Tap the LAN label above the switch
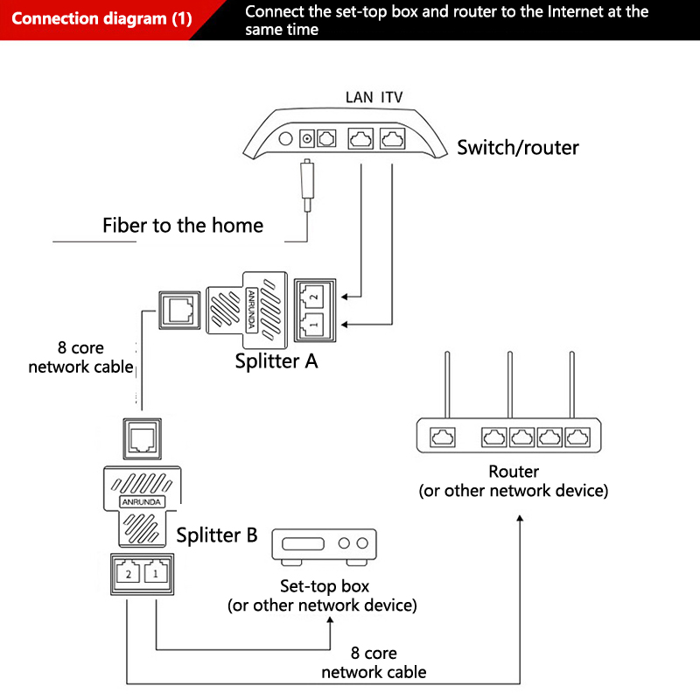pyautogui.click(x=360, y=97)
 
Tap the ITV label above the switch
pyautogui.click(x=392, y=97)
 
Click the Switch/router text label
pyautogui.click(x=518, y=147)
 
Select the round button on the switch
pyautogui.click(x=285, y=138)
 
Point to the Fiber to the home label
pyautogui.click(x=183, y=225)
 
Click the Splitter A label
pyautogui.click(x=276, y=360)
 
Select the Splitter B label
pyautogui.click(x=217, y=535)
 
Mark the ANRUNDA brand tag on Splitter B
pyautogui.click(x=140, y=503)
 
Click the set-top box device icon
pyautogui.click(x=325, y=546)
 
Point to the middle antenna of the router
pyautogui.click(x=509, y=385)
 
